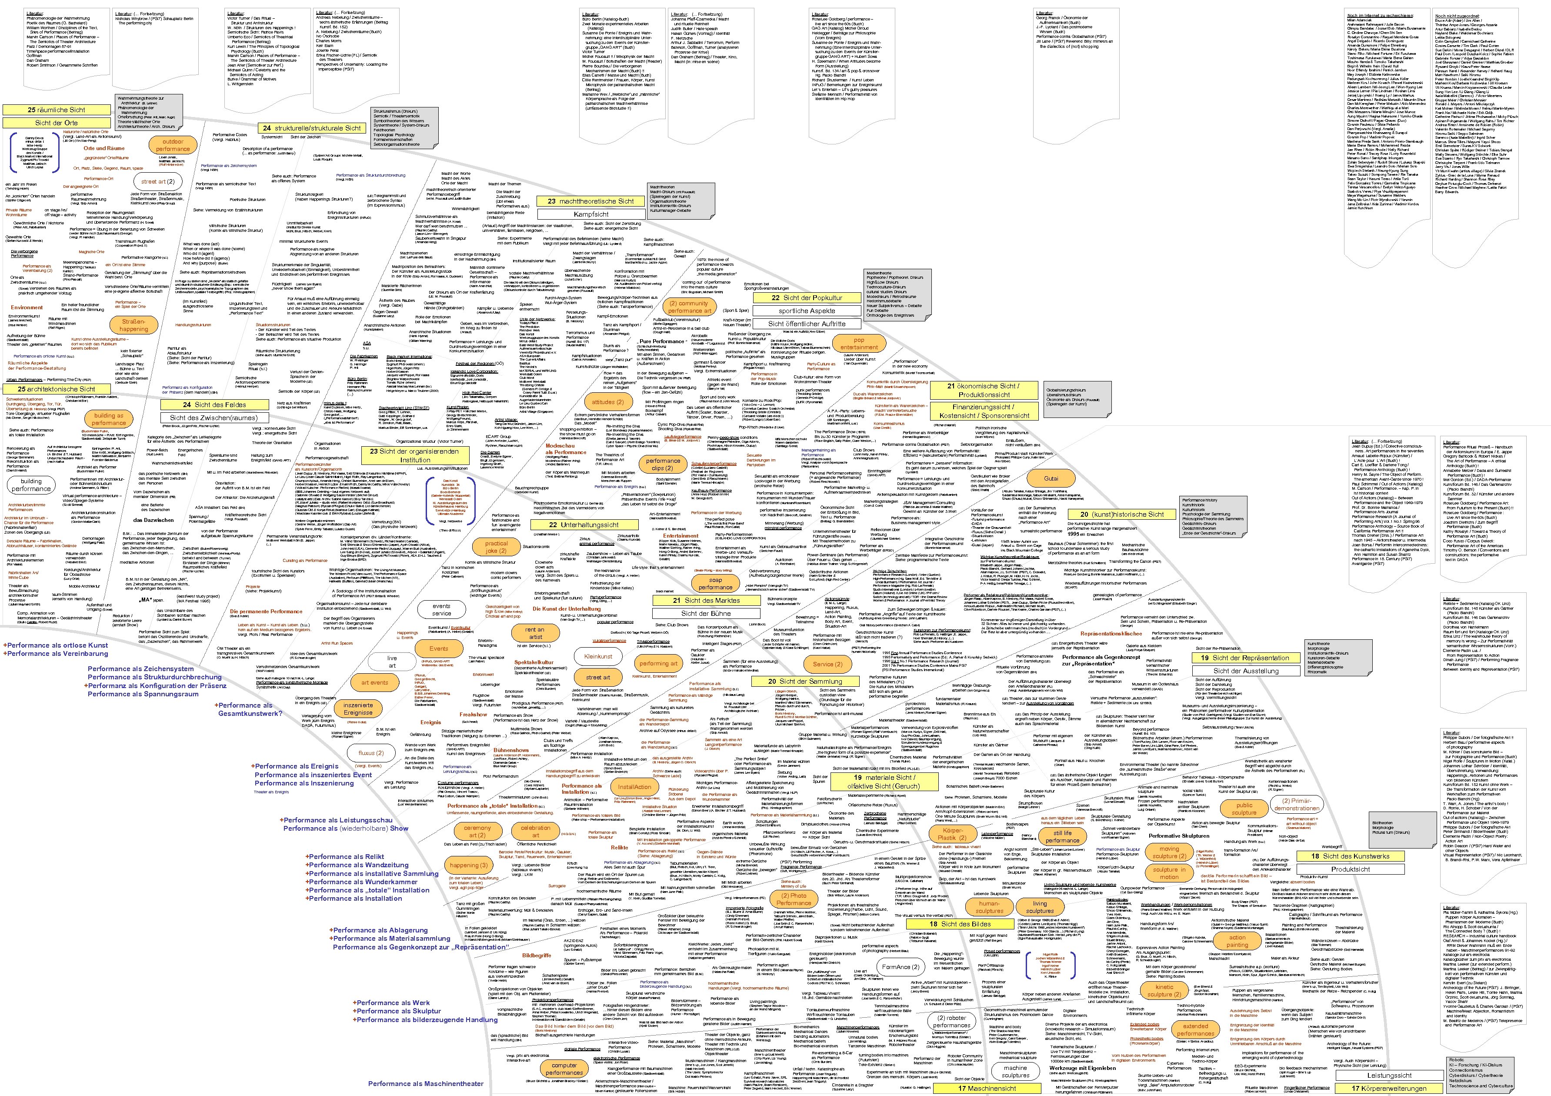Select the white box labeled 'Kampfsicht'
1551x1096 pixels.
tap(590, 214)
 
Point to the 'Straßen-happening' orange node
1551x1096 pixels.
tap(134, 325)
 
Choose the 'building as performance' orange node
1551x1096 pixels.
tap(109, 419)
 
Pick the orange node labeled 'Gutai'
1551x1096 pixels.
tap(1051, 478)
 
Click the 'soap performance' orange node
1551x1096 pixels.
tap(715, 583)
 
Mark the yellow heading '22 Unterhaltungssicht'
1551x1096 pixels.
tap(584, 525)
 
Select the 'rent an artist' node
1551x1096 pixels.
tap(535, 632)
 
